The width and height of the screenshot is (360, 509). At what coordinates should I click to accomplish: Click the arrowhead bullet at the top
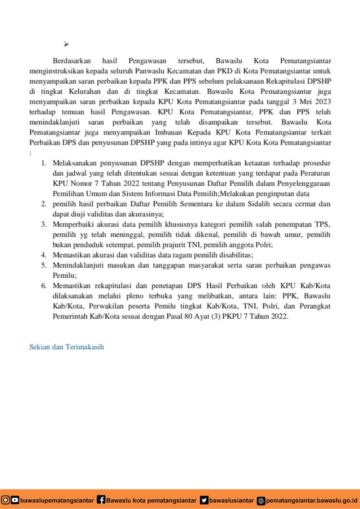point(66,44)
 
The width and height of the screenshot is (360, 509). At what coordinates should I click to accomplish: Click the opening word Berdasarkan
point(72,61)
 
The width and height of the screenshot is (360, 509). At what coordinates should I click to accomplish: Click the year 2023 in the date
point(323,102)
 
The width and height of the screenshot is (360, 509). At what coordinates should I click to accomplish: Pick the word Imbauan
point(168,132)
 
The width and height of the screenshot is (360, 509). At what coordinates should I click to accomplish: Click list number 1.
point(44,163)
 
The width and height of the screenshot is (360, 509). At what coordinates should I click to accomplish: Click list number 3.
point(44,225)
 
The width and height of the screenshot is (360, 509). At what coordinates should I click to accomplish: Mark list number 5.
point(44,265)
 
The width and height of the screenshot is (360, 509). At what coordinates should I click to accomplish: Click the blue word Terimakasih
point(85,347)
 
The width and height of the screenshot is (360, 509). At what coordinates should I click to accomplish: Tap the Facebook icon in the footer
point(101,500)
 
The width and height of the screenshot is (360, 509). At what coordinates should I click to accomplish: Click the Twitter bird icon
point(204,500)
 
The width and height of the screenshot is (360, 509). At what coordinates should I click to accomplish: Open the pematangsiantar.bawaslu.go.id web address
point(311,500)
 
